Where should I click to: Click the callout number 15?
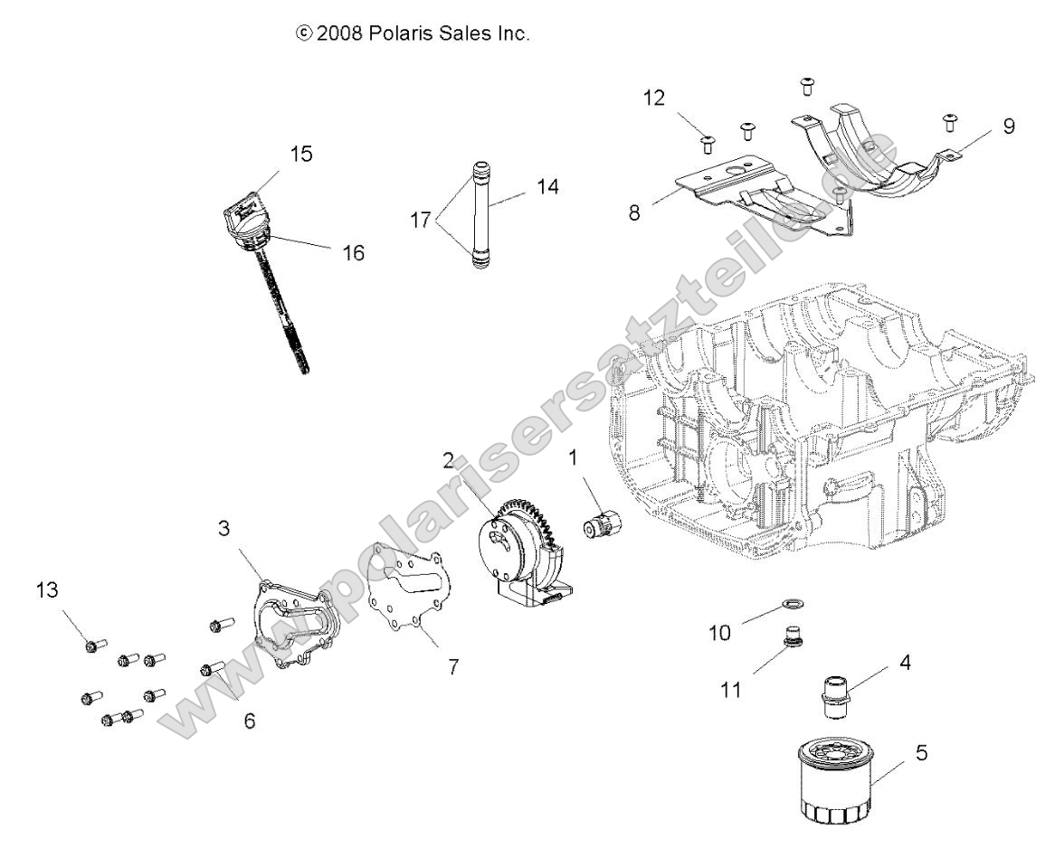pos(301,155)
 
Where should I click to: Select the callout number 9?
pos(1008,126)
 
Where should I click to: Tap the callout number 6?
pos(250,721)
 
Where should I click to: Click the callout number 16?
pos(353,253)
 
